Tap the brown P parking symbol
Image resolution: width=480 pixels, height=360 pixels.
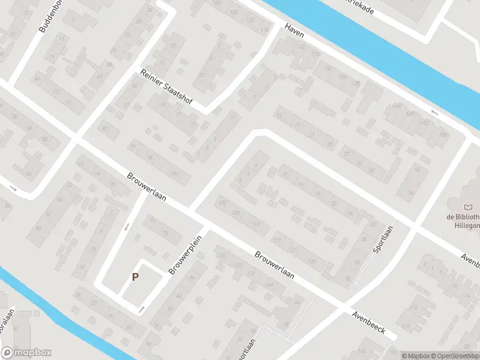136,277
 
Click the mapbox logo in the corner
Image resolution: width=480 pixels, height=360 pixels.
26,353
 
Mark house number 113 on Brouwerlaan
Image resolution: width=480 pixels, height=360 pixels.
257,224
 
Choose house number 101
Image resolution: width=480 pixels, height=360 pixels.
175,175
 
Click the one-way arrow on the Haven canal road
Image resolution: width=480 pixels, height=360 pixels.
434,112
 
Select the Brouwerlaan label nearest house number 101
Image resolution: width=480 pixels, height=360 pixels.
147,187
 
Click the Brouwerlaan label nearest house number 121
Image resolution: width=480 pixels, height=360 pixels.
274,265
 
